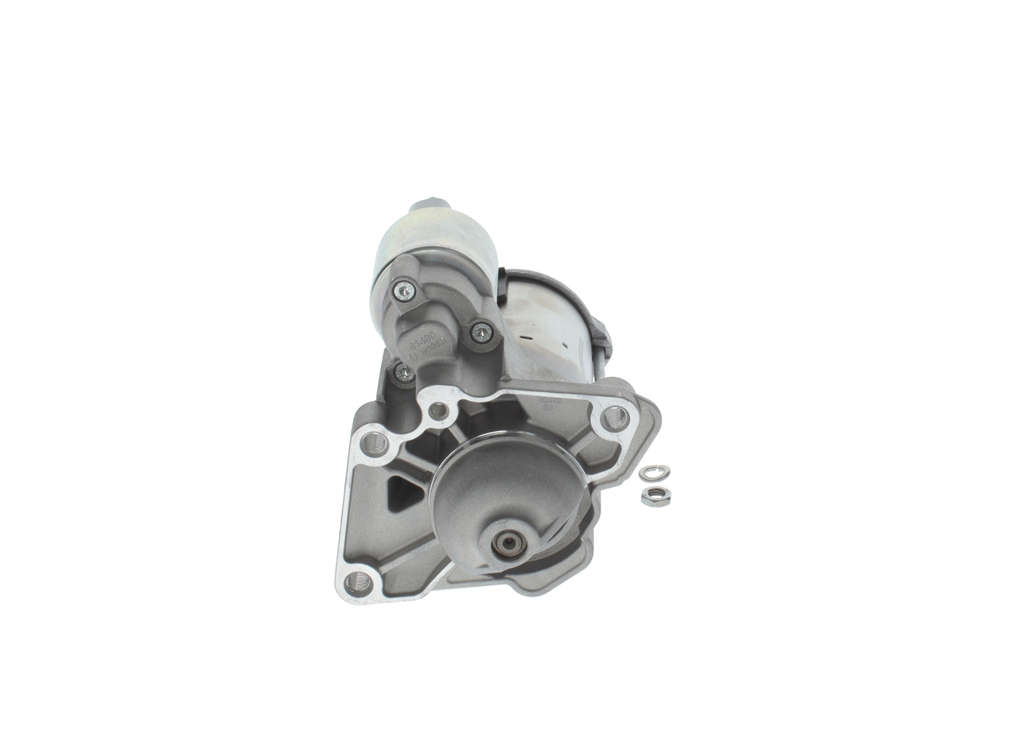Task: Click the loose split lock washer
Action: pos(654,473)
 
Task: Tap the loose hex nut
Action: pos(655,496)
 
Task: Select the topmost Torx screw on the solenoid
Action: pos(405,291)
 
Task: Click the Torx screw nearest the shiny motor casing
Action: pos(481,333)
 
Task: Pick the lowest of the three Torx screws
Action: pos(405,372)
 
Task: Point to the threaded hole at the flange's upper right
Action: pos(615,417)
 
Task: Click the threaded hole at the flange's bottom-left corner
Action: pos(359,582)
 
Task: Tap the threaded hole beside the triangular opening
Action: pos(374,443)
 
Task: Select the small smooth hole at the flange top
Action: pos(438,411)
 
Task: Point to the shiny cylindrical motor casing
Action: pos(549,326)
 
